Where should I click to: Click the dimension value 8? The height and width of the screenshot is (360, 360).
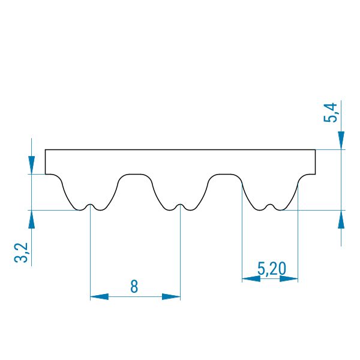click(134, 286)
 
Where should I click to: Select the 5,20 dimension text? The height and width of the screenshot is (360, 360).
click(272, 268)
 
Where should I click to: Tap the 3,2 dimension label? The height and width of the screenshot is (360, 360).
click(21, 253)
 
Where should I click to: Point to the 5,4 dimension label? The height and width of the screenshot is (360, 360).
click(330, 113)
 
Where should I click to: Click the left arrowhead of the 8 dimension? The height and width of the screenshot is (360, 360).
click(99, 296)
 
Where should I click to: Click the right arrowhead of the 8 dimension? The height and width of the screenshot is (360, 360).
click(171, 296)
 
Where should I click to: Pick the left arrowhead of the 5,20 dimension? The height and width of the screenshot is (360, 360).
click(251, 279)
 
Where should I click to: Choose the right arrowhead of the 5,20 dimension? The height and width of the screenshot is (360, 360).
click(289, 279)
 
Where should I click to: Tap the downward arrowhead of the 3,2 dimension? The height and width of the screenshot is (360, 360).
click(31, 165)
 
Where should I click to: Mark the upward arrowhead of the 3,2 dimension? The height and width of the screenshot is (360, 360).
click(31, 219)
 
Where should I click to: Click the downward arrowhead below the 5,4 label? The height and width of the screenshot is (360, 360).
click(341, 140)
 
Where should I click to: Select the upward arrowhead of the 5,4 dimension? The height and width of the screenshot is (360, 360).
click(341, 219)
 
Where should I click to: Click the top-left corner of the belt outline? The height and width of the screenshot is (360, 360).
click(45, 149)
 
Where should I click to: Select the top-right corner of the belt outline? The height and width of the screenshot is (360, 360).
click(316, 149)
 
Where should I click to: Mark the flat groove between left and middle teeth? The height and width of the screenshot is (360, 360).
click(135, 174)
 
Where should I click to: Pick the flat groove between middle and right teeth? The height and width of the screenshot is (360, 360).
click(225, 174)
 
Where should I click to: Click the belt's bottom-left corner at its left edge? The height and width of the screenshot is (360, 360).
click(45, 174)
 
